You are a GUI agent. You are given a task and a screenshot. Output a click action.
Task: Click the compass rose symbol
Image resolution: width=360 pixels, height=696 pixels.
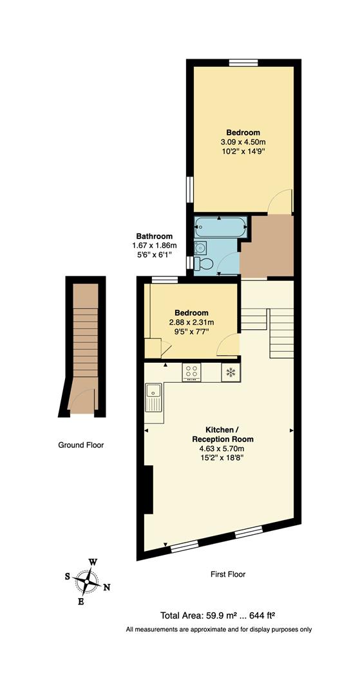pos(86,581)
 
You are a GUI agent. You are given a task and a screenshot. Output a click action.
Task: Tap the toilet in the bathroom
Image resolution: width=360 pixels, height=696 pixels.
pos(205,264)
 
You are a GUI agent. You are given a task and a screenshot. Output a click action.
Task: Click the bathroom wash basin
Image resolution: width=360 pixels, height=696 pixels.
pos(200,247)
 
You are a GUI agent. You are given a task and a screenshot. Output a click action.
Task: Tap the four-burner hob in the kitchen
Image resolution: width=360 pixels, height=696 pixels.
pos(192,371)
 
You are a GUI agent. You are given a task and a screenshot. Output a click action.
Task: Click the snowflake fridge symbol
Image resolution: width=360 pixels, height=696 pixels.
pos(230,372)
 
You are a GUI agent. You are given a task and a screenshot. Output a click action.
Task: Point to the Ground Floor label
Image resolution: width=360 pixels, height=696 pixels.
pos(81,445)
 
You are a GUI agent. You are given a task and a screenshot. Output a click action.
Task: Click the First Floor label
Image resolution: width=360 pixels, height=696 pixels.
pos(228,574)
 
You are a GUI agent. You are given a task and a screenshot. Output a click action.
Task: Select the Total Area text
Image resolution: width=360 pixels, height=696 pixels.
pos(218,615)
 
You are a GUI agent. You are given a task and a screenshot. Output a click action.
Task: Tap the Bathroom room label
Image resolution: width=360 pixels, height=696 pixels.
pos(154,237)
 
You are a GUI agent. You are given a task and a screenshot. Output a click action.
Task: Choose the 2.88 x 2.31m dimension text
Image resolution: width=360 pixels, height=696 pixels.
pos(191,322)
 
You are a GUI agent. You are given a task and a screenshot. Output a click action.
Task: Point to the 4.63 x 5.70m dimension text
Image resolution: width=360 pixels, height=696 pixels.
pos(218,449)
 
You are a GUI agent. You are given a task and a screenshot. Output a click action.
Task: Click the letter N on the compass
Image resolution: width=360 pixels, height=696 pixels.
pos(108,586)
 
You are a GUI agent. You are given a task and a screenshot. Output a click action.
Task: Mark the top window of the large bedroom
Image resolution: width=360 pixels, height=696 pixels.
pos(243,63)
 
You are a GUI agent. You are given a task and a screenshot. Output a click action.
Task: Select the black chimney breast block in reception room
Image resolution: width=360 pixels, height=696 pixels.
pos(148,490)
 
